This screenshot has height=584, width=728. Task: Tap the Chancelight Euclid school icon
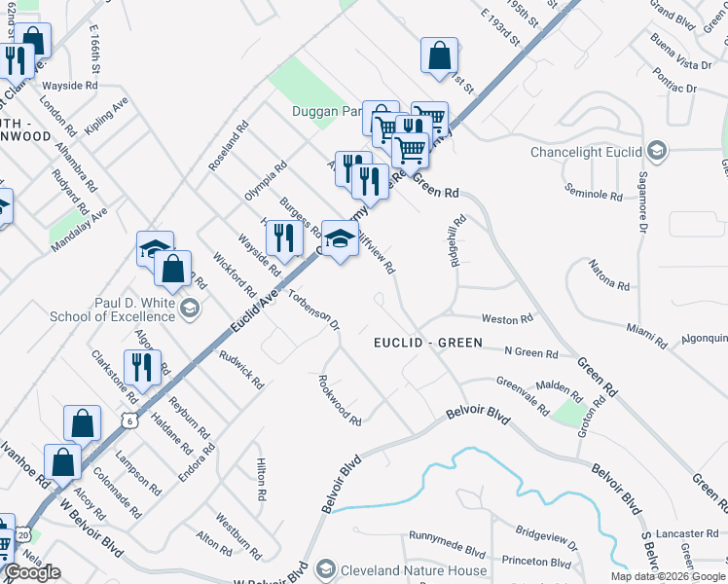pyautogui.click(x=658, y=151)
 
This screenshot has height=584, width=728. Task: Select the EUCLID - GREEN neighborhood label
pyautogui.click(x=428, y=343)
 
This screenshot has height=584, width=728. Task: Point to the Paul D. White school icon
pyautogui.click(x=190, y=310)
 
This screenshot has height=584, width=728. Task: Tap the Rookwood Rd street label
pyautogui.click(x=340, y=400)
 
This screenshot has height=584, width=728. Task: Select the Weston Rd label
pyautogui.click(x=507, y=319)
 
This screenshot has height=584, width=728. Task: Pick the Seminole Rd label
pyautogui.click(x=593, y=195)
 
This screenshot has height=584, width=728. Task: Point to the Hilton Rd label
pyautogui.click(x=261, y=479)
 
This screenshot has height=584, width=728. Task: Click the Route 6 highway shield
pyautogui.click(x=128, y=419)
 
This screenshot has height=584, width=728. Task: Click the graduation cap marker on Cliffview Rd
pyautogui.click(x=339, y=237)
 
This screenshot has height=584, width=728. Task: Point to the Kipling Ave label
pyautogui.click(x=107, y=115)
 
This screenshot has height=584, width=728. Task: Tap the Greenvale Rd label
pyautogui.click(x=523, y=394)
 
